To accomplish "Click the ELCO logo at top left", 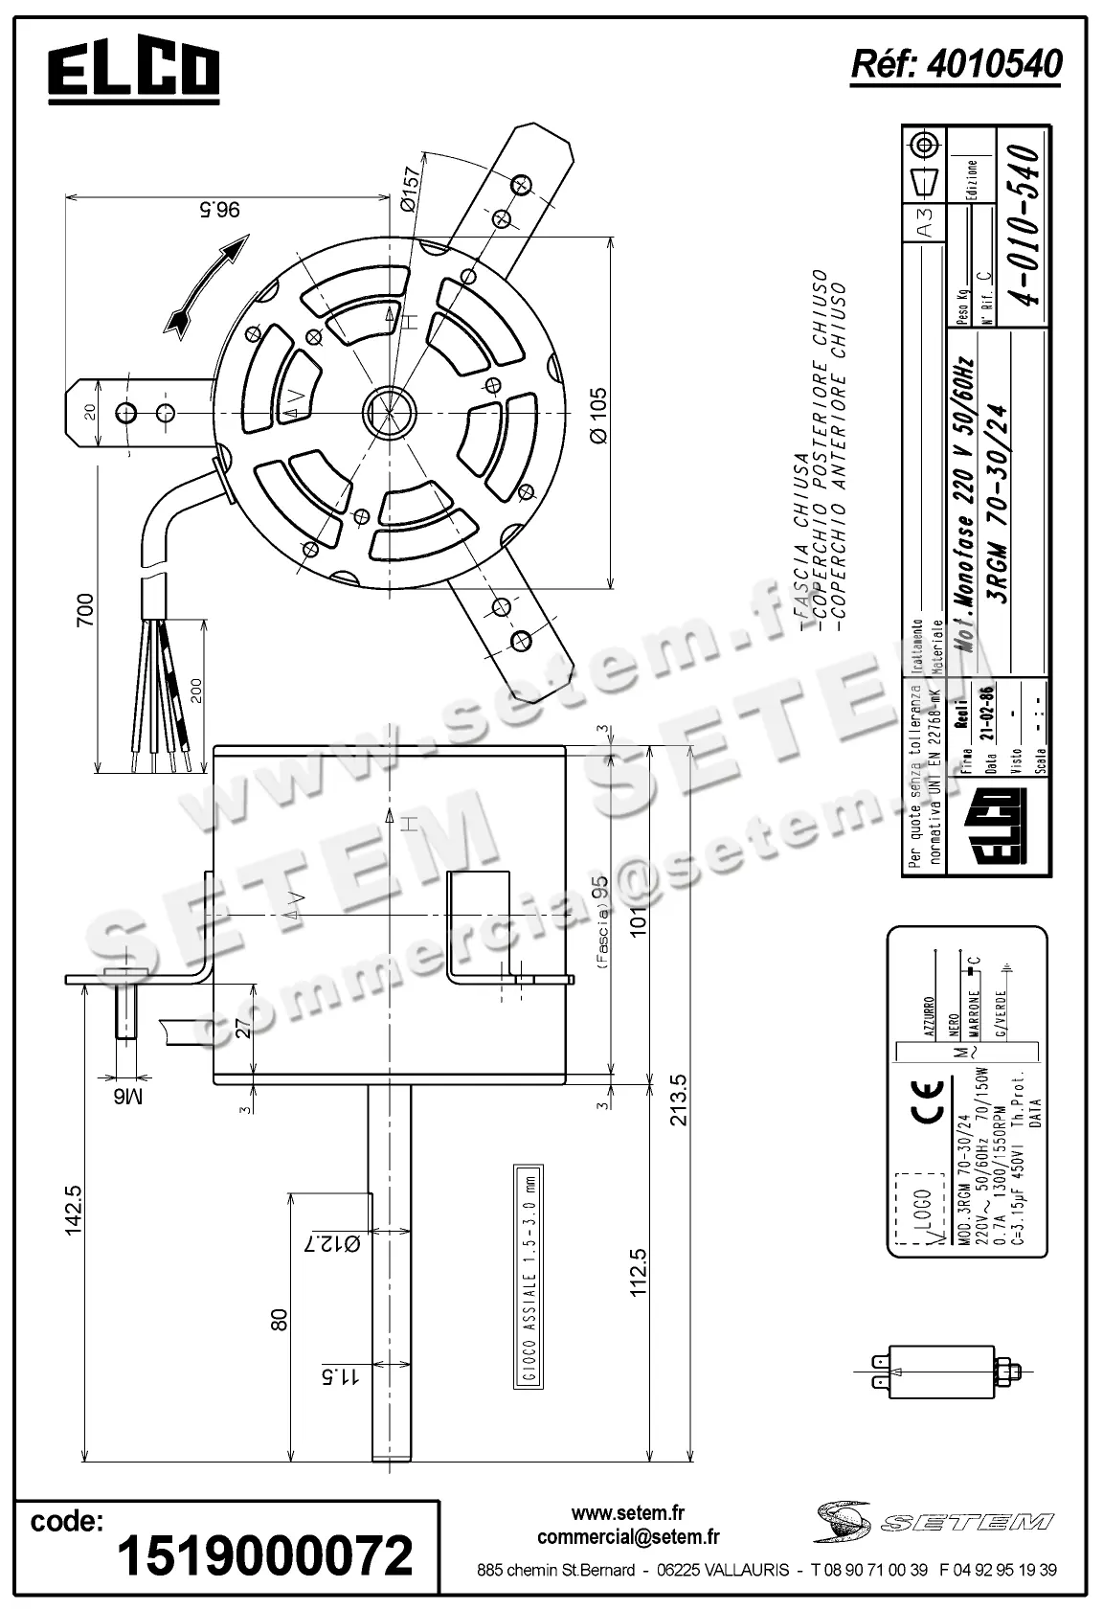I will (x=134, y=72).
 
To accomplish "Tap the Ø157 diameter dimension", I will (x=408, y=191).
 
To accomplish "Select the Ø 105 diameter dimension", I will (x=598, y=414).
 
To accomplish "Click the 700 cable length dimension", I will (x=85, y=611).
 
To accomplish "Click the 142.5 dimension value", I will (x=73, y=1211).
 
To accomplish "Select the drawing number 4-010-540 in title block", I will (x=1019, y=225).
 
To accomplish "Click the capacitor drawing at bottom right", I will (x=944, y=1372).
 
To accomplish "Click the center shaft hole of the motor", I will (x=388, y=413).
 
